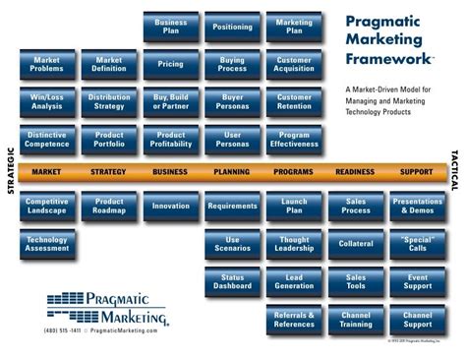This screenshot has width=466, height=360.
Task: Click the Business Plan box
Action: pos(171,27)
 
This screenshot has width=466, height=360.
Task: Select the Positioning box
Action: pos(232,27)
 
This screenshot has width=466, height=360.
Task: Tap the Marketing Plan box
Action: pos(294,27)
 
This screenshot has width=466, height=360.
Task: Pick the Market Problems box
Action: pos(47,65)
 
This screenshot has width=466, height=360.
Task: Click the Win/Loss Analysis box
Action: pos(47,102)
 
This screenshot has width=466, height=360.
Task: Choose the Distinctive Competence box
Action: pos(47,140)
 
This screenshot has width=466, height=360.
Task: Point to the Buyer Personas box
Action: pos(232,102)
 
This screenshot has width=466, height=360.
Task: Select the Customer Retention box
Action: pos(294,102)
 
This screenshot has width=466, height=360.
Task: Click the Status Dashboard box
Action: pos(232,282)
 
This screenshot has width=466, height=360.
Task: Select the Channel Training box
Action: pos(356,320)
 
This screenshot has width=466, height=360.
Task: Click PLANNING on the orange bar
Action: pos(232,172)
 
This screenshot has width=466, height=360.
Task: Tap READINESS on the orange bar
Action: pos(355,172)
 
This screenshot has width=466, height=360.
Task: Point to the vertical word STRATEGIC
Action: pos(11,171)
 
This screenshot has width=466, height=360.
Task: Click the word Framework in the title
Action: pos(388,58)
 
